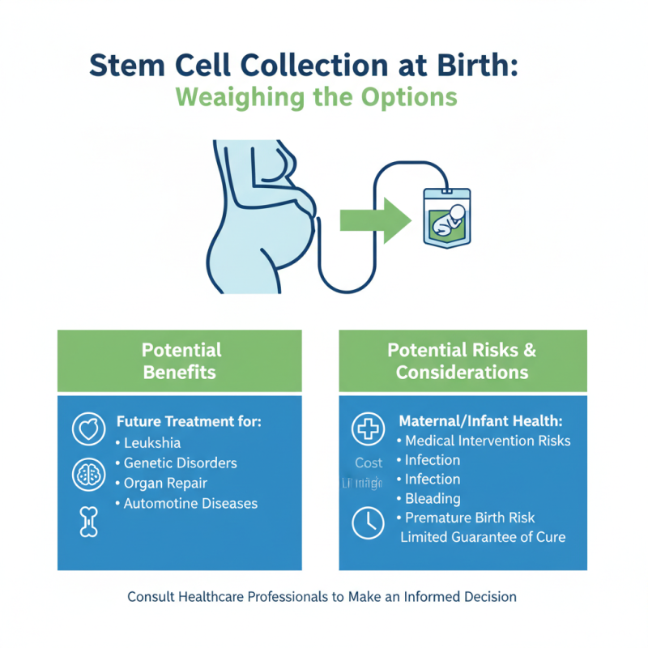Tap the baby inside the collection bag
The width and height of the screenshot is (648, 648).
[448, 220]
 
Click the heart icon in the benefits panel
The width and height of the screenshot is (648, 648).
[88, 430]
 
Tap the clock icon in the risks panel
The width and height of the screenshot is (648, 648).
[368, 524]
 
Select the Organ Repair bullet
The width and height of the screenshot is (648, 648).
[165, 484]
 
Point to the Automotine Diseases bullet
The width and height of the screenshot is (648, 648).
[190, 504]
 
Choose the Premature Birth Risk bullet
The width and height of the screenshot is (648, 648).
[470, 518]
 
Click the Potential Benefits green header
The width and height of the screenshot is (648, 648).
[180, 361]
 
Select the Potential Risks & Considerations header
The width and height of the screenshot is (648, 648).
[463, 361]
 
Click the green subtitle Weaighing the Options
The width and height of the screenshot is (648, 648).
[316, 97]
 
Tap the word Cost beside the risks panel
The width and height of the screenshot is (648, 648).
[369, 463]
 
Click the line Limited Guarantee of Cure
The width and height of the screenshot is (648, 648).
[483, 538]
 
